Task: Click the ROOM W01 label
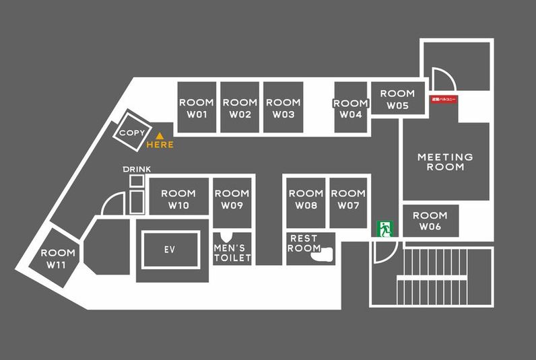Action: coord(196,108)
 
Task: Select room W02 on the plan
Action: coord(240,108)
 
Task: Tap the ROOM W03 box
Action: coord(283,108)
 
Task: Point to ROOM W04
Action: coord(351,108)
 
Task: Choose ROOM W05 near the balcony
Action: coord(397,100)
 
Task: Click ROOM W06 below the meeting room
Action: coord(430,221)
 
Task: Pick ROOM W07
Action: coord(348,199)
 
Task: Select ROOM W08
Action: coord(306,199)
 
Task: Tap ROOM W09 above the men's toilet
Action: coord(232,199)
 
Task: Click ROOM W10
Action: coord(178,199)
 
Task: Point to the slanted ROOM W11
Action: coord(57,259)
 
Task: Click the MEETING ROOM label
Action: coord(445,161)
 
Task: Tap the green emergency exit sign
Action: coord(385,229)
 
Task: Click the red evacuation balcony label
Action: coord(444,100)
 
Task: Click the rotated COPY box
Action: coord(131,133)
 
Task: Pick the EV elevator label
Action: coord(170,250)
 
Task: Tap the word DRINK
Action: coord(137,169)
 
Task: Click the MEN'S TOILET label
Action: coord(232,253)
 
